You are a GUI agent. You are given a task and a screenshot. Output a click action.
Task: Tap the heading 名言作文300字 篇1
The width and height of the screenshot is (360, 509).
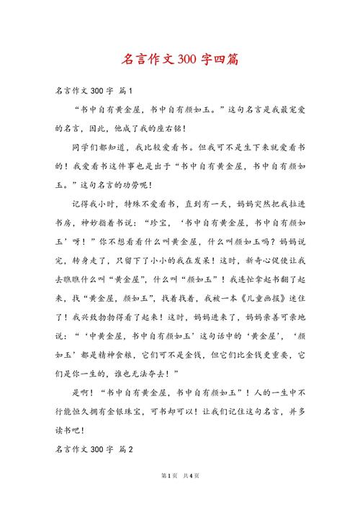point(94,91)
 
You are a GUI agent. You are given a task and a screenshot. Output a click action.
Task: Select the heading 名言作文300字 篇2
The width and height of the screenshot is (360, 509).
point(94,449)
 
